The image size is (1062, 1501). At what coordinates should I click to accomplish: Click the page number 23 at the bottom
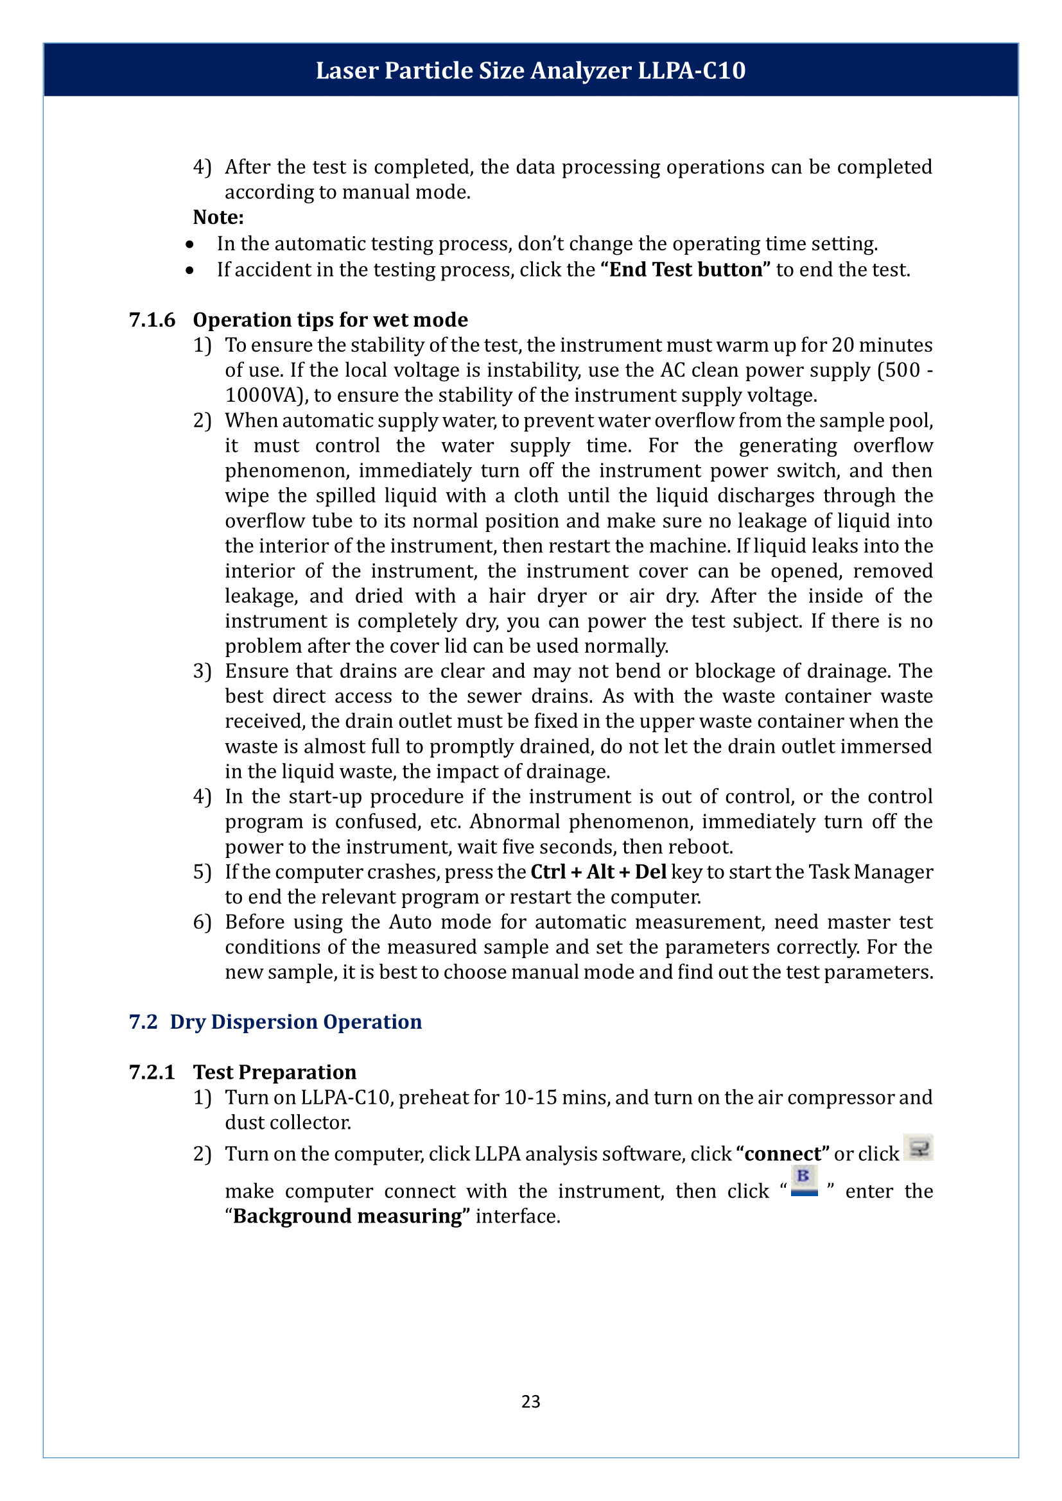click(x=530, y=1402)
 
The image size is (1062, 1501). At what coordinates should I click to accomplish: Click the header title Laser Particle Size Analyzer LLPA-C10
click(x=530, y=71)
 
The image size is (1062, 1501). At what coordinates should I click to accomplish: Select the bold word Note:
click(x=218, y=218)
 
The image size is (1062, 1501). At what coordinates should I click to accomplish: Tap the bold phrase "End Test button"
click(x=685, y=270)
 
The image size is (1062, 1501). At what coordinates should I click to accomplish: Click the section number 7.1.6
click(x=152, y=320)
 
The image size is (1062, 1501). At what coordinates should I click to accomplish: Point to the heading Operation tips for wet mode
click(x=330, y=320)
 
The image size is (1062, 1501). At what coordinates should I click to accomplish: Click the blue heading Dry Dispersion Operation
click(x=295, y=1022)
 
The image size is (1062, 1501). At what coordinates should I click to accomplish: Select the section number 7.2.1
click(x=152, y=1072)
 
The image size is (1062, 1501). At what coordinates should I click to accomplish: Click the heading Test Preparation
click(x=275, y=1072)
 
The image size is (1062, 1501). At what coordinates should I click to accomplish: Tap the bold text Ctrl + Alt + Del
click(x=598, y=872)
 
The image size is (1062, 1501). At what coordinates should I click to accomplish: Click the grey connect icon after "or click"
click(x=919, y=1148)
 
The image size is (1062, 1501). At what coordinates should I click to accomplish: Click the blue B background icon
click(x=804, y=1181)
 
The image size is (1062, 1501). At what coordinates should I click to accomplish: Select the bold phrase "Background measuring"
click(x=348, y=1217)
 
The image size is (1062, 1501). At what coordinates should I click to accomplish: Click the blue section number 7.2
click(x=143, y=1022)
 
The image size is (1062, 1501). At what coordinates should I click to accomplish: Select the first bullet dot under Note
click(x=189, y=244)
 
